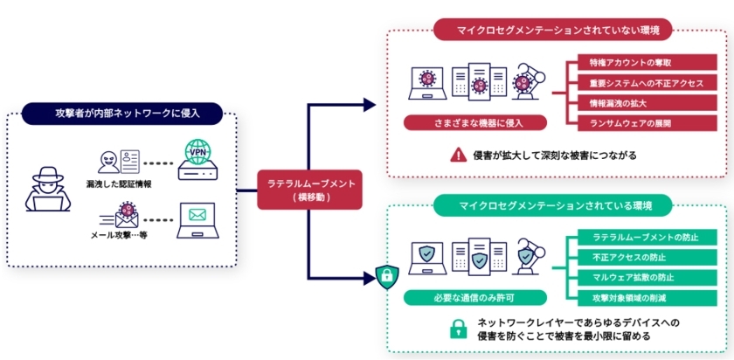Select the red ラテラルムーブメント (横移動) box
pos(308,190)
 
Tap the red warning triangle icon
pos(458,155)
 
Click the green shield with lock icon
pos(385,277)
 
